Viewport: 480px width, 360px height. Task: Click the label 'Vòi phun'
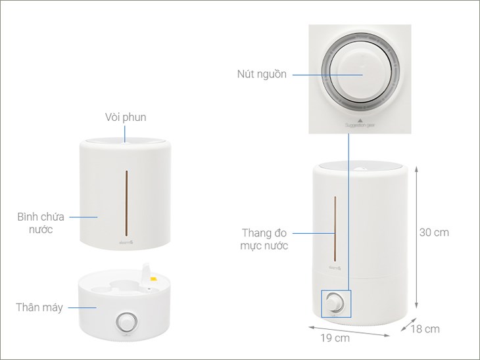pyautogui.click(x=125, y=118)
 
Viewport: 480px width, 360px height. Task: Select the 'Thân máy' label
pyautogui.click(x=39, y=307)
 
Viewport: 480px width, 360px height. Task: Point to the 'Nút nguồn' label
pyautogui.click(x=262, y=74)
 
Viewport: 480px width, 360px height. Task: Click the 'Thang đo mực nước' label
pyautogui.click(x=265, y=239)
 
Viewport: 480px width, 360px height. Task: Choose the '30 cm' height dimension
pyautogui.click(x=434, y=233)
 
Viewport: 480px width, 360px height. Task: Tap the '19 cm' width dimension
pyautogui.click(x=336, y=338)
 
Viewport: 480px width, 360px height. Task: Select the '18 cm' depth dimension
pyautogui.click(x=425, y=328)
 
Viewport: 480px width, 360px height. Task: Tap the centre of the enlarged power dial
pyautogui.click(x=360, y=74)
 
